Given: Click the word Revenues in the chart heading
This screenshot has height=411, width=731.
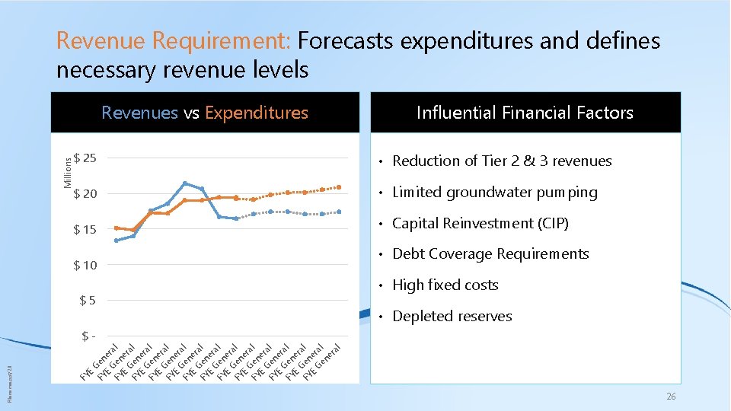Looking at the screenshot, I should (139, 113).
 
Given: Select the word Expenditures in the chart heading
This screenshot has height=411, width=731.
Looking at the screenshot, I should (256, 113).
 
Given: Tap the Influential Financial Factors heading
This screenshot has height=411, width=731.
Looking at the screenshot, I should (525, 113).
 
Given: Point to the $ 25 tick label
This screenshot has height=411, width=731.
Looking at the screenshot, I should (85, 158).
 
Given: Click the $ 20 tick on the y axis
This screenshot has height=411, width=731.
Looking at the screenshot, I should (85, 194).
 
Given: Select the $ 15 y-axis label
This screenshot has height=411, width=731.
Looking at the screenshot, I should (85, 230).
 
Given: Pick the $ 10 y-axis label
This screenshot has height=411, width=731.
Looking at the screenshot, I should (85, 266).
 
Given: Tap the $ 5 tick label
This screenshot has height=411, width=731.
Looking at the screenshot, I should (88, 301).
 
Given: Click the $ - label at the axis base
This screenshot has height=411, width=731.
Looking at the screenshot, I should (88, 336).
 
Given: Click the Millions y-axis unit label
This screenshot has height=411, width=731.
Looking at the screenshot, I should (67, 170).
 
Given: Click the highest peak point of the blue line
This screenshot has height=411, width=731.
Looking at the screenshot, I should (185, 183).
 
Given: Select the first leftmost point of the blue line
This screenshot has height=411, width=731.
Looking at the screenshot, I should (117, 241).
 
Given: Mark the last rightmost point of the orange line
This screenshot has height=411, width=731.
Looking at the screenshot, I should (339, 187).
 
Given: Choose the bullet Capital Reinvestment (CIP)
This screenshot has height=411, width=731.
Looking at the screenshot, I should (480, 224).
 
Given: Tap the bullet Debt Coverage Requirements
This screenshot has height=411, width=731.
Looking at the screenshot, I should (490, 254).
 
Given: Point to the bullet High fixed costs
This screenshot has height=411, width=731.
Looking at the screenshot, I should (445, 285).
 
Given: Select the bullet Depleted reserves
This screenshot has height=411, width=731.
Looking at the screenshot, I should (452, 317).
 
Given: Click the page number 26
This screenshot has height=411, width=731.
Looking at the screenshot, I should (671, 397).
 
